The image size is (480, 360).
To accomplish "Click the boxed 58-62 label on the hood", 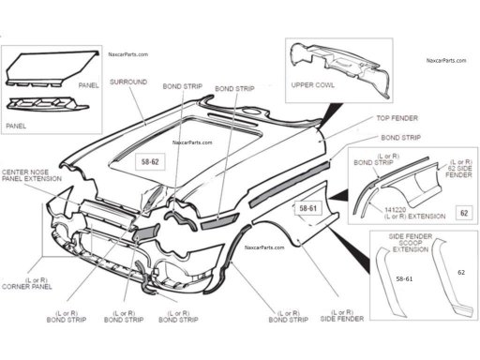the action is pos(150,162).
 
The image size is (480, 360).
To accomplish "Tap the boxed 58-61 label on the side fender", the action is pos(308,208).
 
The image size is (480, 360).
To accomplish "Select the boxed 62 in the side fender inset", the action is pos(464,213).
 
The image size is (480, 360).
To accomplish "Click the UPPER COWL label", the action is pos(312,85).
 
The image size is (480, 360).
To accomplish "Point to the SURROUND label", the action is pos(128,82).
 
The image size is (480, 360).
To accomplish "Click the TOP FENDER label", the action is pos(397,118).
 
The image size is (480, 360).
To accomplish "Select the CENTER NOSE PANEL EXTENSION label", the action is pos(32,175).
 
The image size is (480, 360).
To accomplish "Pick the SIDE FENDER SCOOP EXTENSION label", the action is pos(411,243).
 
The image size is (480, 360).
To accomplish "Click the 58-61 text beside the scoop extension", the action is pos(404,279).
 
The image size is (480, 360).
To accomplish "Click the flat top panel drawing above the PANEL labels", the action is pos(53,68).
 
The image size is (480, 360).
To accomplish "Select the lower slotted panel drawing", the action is pos(47,103).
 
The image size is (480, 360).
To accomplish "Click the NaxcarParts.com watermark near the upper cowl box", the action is pos(446,60).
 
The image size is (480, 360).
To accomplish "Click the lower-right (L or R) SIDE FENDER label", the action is pos(342,316).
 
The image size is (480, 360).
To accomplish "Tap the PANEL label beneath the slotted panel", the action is pos(16,126).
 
